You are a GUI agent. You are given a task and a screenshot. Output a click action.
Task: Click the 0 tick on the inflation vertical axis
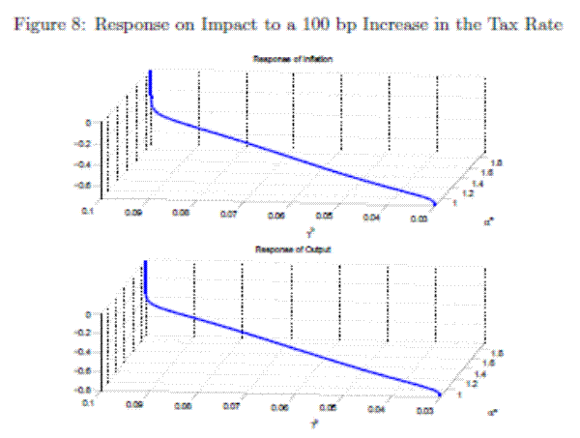pos(89,123)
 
